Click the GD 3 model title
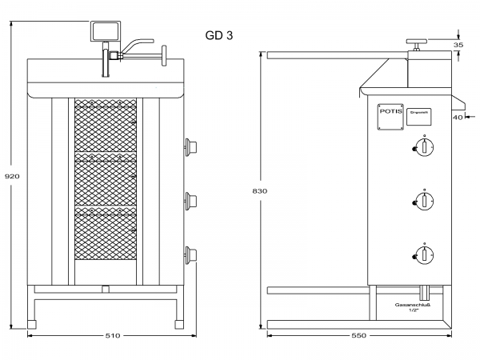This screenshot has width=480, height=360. click(219, 35)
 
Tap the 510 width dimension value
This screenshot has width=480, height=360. click(112, 335)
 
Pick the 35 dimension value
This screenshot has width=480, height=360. click(458, 46)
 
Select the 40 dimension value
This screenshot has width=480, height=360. click(458, 118)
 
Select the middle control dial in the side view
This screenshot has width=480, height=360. click(425, 200)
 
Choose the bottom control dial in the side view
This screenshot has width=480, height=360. click(425, 254)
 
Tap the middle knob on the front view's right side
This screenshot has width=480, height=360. click(190, 198)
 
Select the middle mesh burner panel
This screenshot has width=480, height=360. click(106, 182)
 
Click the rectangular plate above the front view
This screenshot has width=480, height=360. click(105, 31)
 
